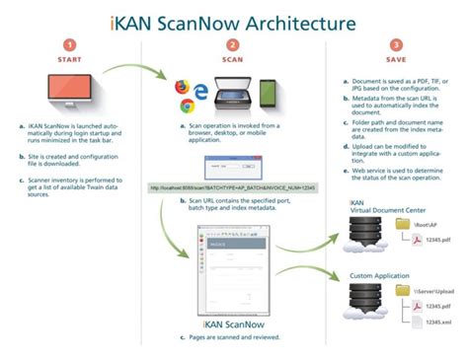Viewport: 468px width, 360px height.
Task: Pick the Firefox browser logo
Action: [182, 86]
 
